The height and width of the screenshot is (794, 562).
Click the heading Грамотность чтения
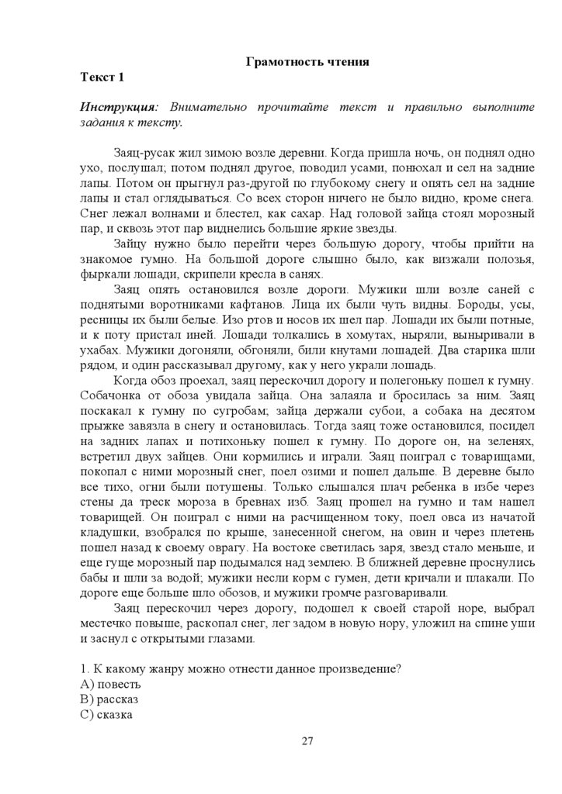click(x=306, y=60)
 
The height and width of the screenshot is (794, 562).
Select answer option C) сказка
click(x=106, y=714)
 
